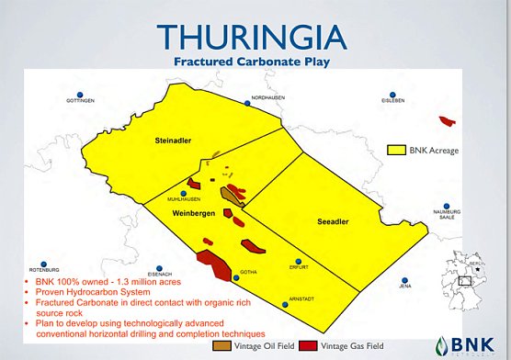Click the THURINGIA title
pos(255,35)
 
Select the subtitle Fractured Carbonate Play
pos(255,62)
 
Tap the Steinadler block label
pos(173,141)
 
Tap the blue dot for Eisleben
pos(394,95)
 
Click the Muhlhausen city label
pos(184,197)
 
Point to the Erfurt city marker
pos(297,261)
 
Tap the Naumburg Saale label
pos(446,215)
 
